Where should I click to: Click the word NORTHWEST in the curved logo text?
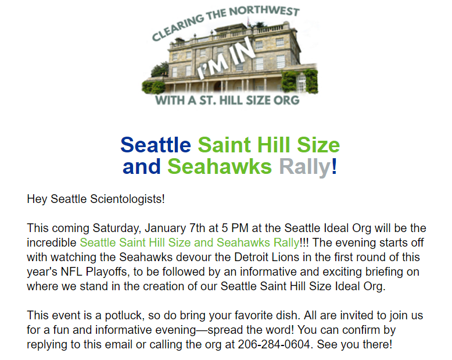coord(264,11)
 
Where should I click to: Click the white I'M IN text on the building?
coord(226,58)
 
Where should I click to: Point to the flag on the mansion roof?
coord(248,21)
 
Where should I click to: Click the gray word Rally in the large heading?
coord(304,167)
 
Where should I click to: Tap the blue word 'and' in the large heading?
coord(141,167)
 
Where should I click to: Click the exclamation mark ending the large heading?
coord(334,166)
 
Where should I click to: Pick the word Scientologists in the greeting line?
coord(127,199)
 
